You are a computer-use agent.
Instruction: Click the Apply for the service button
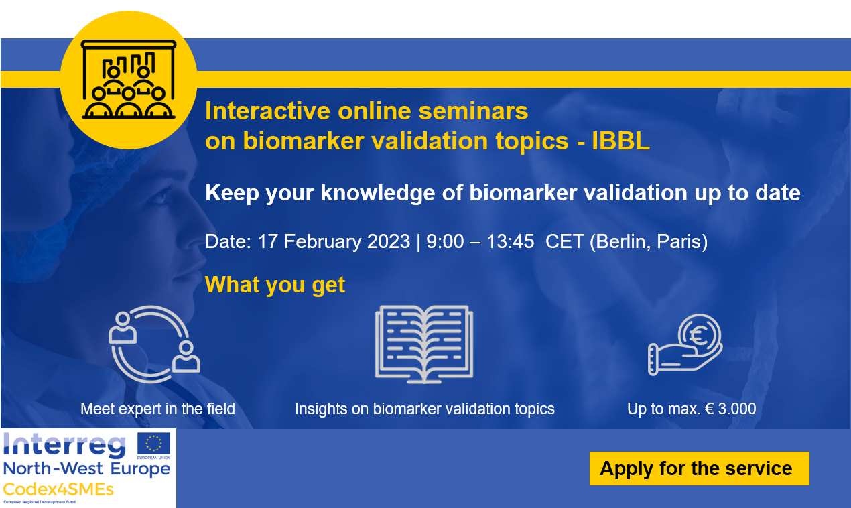click(x=699, y=468)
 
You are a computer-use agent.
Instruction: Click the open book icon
click(x=424, y=344)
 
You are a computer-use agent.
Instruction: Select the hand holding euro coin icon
click(x=685, y=345)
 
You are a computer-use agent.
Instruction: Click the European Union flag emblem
click(x=153, y=444)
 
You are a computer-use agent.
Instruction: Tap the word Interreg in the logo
click(x=64, y=445)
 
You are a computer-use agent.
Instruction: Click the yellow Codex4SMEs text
click(x=58, y=489)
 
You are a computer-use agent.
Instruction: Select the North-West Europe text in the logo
click(x=86, y=468)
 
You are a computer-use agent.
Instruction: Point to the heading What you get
click(x=275, y=284)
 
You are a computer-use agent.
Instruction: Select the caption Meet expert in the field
click(x=157, y=408)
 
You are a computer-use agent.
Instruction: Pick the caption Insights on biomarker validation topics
click(x=425, y=408)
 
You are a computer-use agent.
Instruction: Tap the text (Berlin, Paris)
click(x=649, y=241)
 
